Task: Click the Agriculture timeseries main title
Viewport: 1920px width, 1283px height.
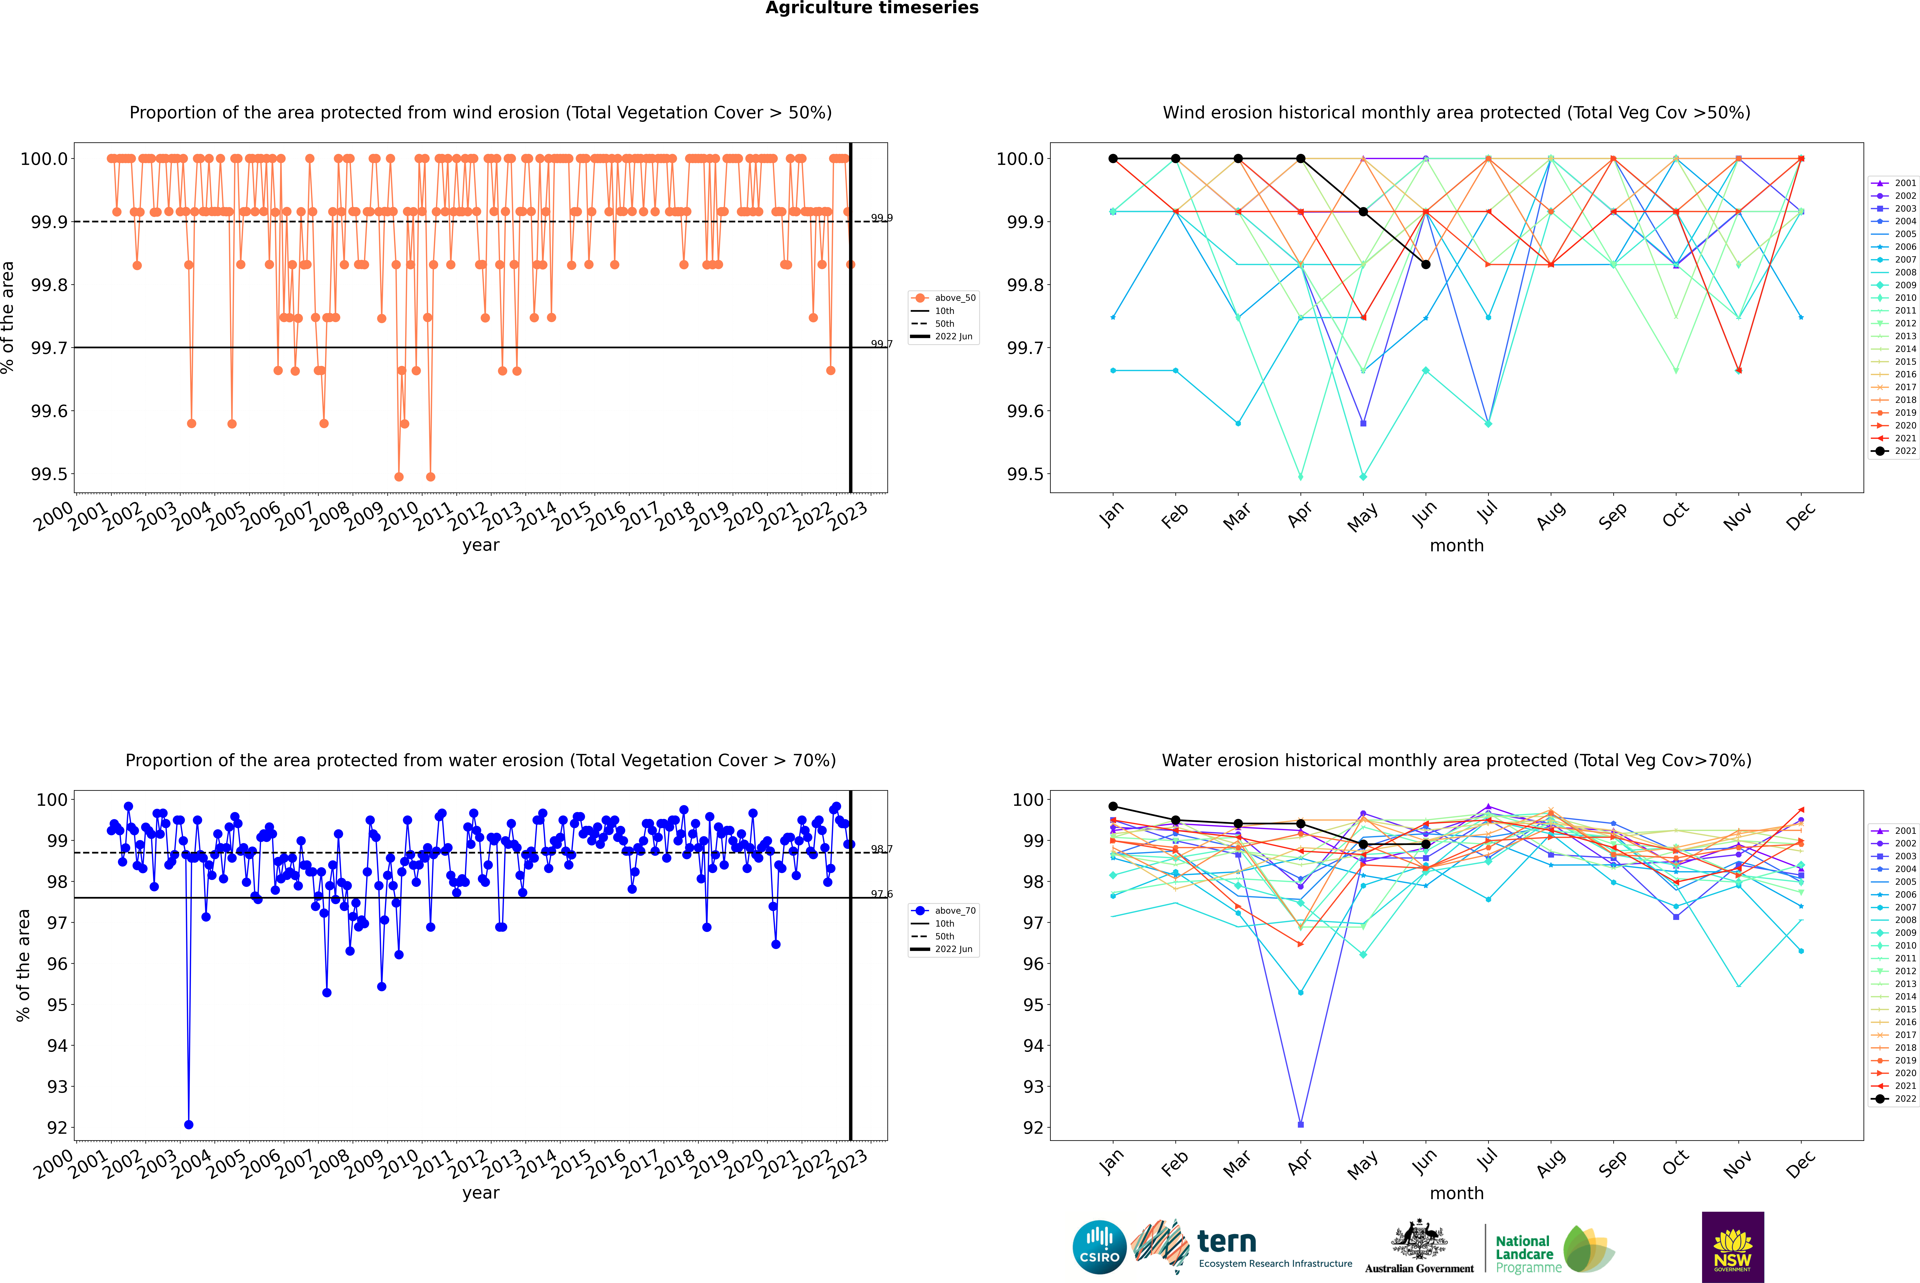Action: click(x=872, y=8)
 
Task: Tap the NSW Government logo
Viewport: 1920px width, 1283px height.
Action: click(x=1733, y=1246)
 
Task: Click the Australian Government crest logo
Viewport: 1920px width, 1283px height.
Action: click(x=1419, y=1248)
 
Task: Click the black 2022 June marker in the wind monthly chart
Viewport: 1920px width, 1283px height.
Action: click(x=1426, y=264)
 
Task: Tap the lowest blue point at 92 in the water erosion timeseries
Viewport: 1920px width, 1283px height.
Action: click(x=189, y=1124)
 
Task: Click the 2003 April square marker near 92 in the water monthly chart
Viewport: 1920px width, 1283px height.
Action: click(x=1301, y=1124)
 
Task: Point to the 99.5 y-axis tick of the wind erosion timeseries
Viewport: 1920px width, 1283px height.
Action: click(x=49, y=475)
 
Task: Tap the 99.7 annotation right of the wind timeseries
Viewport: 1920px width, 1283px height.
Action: click(x=881, y=344)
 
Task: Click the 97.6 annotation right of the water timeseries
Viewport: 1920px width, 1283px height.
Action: click(x=881, y=894)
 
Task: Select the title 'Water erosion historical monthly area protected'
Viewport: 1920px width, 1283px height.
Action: click(x=1456, y=760)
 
